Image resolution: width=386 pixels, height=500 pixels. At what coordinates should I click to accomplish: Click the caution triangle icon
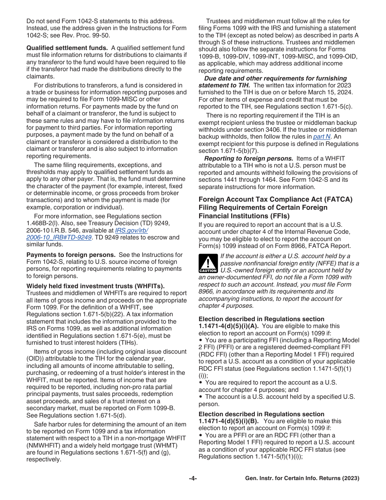pos(208,263)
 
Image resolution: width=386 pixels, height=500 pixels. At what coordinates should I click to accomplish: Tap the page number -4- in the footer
pos(193,478)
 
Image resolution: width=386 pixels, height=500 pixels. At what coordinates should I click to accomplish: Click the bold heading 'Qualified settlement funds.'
pos(67,48)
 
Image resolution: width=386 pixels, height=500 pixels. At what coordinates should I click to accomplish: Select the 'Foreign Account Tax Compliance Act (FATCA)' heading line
pos(275,200)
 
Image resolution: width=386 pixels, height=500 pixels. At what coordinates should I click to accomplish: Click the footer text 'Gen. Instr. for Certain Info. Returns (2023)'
pos(302,478)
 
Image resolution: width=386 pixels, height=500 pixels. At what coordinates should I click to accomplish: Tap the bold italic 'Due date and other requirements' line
pos(275,78)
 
